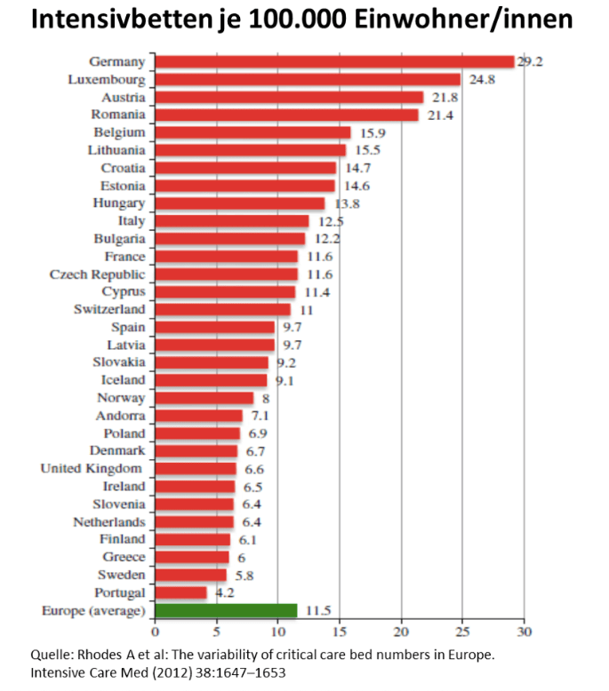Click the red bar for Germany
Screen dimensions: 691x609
(334, 62)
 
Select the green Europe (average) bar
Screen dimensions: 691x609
(226, 610)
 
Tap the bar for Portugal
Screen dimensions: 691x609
(180, 592)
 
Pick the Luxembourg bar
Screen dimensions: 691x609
(308, 80)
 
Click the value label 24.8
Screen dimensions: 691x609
(484, 80)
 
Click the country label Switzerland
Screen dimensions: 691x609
(109, 309)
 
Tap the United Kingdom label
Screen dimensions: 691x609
(92, 468)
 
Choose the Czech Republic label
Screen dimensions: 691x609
(97, 274)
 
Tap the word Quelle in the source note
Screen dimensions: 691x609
(51, 655)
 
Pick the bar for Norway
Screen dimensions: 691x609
(204, 398)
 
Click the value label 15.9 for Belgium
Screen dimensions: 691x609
(373, 133)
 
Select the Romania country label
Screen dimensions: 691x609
(118, 115)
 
